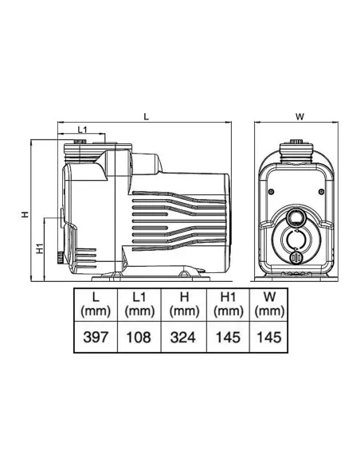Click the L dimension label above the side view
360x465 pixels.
(146, 116)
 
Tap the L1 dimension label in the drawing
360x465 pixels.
(83, 130)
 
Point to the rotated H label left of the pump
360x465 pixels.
(25, 214)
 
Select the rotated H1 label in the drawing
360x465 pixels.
(40, 248)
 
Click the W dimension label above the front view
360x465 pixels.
(299, 116)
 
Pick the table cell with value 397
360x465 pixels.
(96, 337)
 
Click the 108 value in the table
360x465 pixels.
(139, 337)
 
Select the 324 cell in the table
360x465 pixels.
(183, 337)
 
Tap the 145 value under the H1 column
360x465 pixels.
(228, 337)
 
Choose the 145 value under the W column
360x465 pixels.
(268, 337)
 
